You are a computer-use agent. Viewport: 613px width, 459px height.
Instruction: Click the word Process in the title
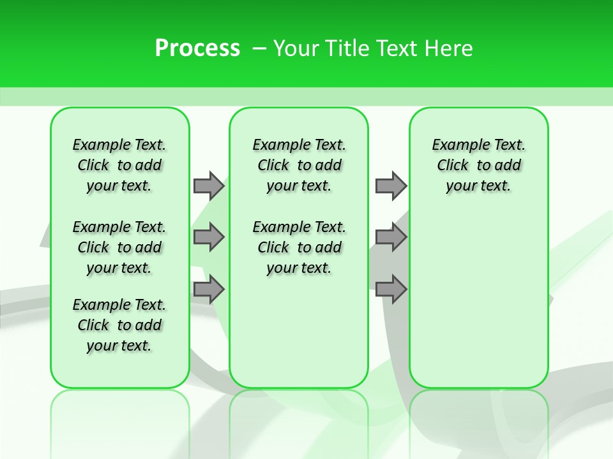pyautogui.click(x=197, y=48)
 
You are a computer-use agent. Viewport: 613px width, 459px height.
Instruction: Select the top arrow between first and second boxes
pyautogui.click(x=209, y=186)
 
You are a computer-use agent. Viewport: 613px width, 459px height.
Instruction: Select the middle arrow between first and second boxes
pyautogui.click(x=209, y=237)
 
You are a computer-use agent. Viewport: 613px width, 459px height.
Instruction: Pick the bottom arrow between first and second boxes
pyautogui.click(x=209, y=289)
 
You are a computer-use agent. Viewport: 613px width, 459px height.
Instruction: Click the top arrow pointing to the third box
pyautogui.click(x=391, y=186)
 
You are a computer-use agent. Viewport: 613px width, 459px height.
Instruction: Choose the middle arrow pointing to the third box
pyautogui.click(x=391, y=237)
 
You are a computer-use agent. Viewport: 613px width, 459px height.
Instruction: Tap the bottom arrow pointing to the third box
pyautogui.click(x=391, y=289)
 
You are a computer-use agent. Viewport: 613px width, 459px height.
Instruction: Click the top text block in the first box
pyautogui.click(x=119, y=165)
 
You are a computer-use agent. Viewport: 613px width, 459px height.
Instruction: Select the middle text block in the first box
pyautogui.click(x=119, y=247)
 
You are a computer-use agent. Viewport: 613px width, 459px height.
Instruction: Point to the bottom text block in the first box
pyautogui.click(x=119, y=325)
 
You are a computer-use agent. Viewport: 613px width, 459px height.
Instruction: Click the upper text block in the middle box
pyautogui.click(x=299, y=165)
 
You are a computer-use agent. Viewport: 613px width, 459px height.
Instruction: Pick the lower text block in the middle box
pyautogui.click(x=299, y=247)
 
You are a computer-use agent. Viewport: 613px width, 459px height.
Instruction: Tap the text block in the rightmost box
pyautogui.click(x=478, y=165)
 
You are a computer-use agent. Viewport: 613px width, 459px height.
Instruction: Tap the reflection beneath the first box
pyautogui.click(x=120, y=414)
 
